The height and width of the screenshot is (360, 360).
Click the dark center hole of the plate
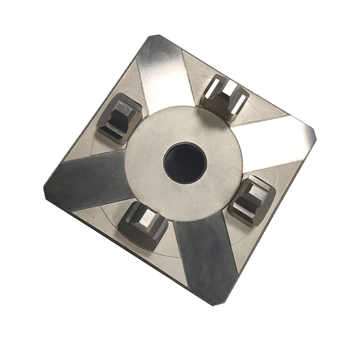(185, 163)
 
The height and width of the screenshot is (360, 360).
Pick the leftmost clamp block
(119, 118)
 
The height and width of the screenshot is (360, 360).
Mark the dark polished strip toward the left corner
(90, 180)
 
